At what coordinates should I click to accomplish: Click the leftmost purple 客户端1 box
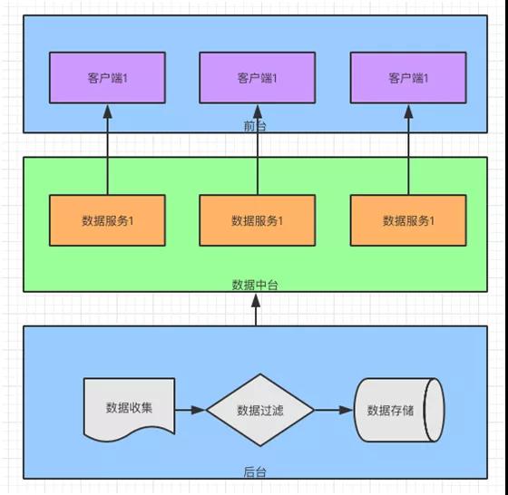coord(107,78)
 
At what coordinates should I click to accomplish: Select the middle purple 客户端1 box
coord(258,78)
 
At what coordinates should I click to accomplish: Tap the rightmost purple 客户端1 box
coord(408,78)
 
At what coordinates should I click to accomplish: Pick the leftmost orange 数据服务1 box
coord(107,220)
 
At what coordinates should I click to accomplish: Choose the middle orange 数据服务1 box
coord(258,220)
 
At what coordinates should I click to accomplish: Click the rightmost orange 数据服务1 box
coord(408,220)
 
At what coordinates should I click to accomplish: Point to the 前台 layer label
coord(255,126)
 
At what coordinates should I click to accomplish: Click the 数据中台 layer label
coord(255,285)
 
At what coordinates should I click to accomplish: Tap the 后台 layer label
coord(255,472)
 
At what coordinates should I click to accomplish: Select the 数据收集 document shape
coord(129,406)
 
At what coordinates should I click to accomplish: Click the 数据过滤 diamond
coord(260,410)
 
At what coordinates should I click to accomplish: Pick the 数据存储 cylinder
coord(399,410)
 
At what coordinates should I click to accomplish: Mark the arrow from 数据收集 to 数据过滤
coord(190,410)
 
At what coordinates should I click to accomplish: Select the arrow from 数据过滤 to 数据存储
coord(334,410)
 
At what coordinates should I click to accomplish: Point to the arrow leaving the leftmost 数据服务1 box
coord(108,150)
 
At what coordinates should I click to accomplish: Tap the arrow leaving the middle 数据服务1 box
coord(258,150)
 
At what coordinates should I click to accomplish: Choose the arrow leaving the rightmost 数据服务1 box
coord(408,150)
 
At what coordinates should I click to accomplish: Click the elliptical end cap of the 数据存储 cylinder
coord(435,410)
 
